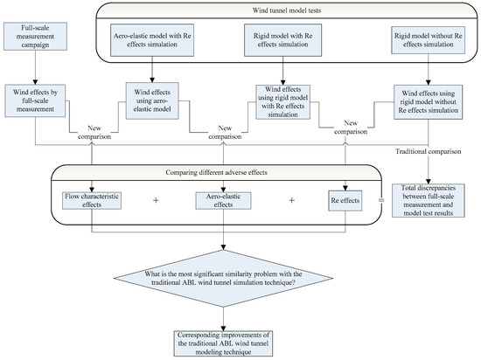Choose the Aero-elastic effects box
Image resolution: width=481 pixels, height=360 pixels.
226,200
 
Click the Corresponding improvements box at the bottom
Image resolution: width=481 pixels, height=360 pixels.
226,343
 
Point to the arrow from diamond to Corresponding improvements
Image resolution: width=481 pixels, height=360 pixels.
226,319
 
